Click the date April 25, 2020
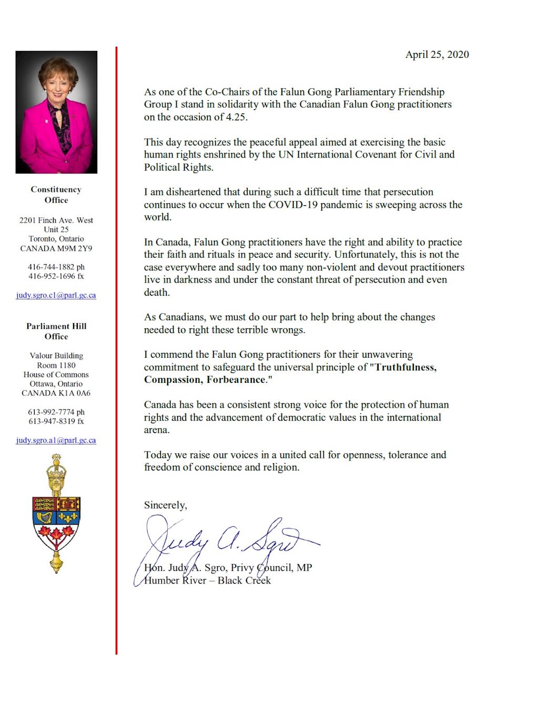[x=436, y=55]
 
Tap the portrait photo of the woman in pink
[x=56, y=112]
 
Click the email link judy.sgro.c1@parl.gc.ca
[x=56, y=295]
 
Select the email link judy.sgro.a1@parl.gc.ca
[x=56, y=440]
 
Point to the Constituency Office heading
[x=56, y=195]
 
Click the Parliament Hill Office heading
[x=56, y=331]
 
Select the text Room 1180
[x=56, y=365]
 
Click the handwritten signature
[x=226, y=541]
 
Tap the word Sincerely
[x=165, y=505]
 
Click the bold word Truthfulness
[x=405, y=367]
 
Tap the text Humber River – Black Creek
[x=207, y=580]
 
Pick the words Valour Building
[x=56, y=356]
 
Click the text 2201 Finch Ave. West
[x=56, y=220]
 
